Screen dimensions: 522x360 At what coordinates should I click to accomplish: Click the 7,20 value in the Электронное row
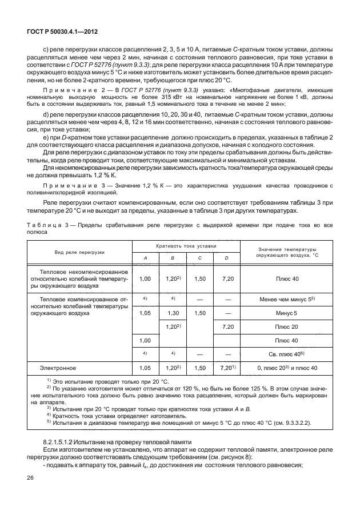pos(226,369)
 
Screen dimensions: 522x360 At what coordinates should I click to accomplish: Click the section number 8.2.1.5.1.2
pos(65,443)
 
